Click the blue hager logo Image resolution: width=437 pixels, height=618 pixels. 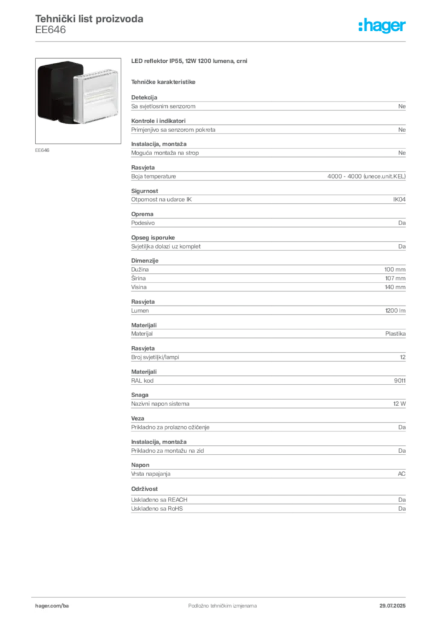coord(383,26)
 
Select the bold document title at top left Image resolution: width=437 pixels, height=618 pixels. coord(89,17)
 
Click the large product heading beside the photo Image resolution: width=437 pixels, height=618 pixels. coord(190,62)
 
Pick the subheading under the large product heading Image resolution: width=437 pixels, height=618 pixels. coord(164,81)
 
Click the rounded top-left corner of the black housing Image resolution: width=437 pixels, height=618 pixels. coord(40,66)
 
